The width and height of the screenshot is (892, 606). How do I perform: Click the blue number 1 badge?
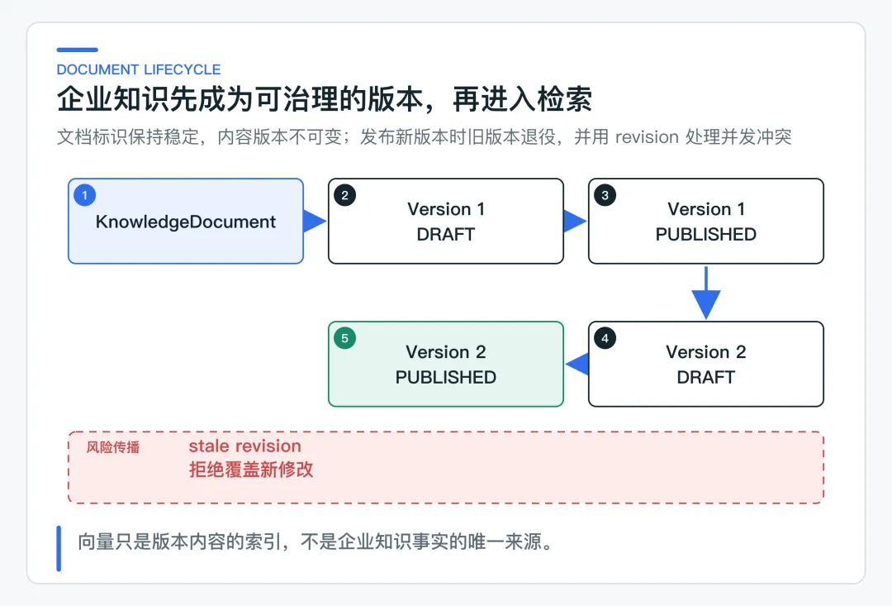pyautogui.click(x=85, y=195)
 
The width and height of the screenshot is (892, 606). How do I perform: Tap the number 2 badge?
pyautogui.click(x=344, y=195)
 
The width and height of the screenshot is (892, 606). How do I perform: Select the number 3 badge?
pyautogui.click(x=605, y=195)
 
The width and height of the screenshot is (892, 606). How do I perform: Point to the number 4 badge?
pyautogui.click(x=605, y=338)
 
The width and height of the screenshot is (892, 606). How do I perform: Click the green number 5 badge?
pyautogui.click(x=344, y=338)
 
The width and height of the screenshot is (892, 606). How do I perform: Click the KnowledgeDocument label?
pyautogui.click(x=186, y=222)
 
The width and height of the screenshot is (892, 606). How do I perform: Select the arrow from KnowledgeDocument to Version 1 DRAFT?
pyautogui.click(x=315, y=221)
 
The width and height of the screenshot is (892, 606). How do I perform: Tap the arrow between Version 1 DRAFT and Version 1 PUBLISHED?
pyautogui.click(x=575, y=221)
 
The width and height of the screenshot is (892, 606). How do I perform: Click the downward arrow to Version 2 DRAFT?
pyautogui.click(x=706, y=293)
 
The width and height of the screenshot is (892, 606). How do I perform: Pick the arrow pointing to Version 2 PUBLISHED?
pyautogui.click(x=576, y=364)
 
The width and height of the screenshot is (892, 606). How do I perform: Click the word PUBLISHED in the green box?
pyautogui.click(x=446, y=377)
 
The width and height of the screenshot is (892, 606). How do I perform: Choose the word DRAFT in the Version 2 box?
pyautogui.click(x=706, y=377)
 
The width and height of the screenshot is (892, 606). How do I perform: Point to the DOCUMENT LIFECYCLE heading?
pyautogui.click(x=139, y=69)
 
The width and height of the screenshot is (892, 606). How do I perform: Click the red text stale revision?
pyautogui.click(x=245, y=446)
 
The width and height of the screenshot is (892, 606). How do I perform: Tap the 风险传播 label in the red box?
pyautogui.click(x=112, y=447)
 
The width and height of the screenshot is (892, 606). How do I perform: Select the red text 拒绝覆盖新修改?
pyautogui.click(x=251, y=470)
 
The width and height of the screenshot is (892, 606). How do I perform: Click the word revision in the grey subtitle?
pyautogui.click(x=648, y=137)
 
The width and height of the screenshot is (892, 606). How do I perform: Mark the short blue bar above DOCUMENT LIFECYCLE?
pyautogui.click(x=78, y=50)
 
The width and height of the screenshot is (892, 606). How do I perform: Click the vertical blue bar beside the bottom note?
pyautogui.click(x=59, y=548)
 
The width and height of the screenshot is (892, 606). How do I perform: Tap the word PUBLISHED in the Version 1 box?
pyautogui.click(x=706, y=234)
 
